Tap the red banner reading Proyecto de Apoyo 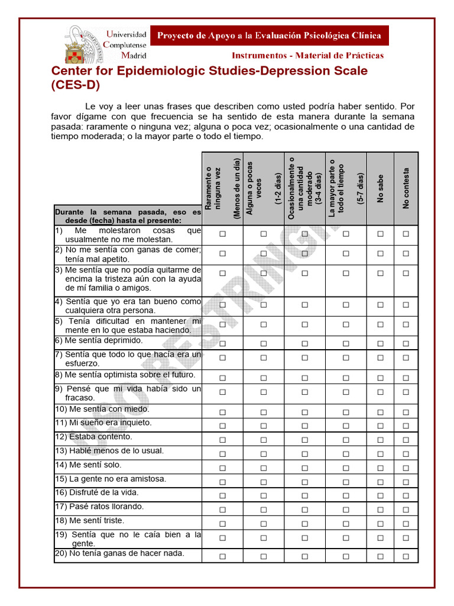click(269, 36)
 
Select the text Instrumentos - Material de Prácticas click(307, 56)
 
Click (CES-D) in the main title click(76, 85)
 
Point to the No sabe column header click(380, 188)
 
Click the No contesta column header click(406, 188)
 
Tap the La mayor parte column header click(346, 188)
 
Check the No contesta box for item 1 click(406, 234)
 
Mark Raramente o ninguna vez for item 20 click(223, 556)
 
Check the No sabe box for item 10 click(380, 412)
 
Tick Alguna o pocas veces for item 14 click(264, 468)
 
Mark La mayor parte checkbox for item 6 click(346, 343)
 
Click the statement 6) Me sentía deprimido click(99, 341)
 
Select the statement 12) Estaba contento click(93, 437)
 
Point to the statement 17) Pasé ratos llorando click(99, 507)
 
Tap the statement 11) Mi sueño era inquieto click(103, 423)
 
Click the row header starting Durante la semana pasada click(128, 215)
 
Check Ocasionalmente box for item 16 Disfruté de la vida click(304, 495)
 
